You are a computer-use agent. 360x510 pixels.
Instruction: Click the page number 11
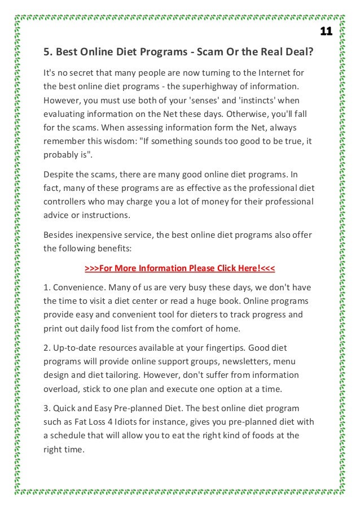[326, 31]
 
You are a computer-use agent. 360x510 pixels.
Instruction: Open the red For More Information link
[179, 268]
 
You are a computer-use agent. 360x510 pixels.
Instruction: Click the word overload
[62, 389]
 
